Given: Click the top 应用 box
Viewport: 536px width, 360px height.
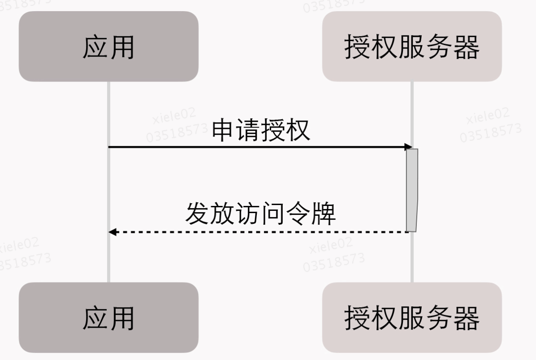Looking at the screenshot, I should tap(108, 47).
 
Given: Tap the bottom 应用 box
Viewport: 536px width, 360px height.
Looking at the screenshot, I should tap(108, 317).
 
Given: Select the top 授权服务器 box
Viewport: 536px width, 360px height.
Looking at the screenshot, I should tap(412, 47).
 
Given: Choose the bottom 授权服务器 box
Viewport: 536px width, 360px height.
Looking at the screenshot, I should tap(412, 317).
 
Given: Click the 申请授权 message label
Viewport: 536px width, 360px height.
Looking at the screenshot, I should tap(261, 130).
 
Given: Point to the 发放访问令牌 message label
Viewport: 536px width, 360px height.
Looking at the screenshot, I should tap(260, 214).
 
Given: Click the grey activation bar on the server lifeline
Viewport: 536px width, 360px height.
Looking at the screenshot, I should tap(412, 190).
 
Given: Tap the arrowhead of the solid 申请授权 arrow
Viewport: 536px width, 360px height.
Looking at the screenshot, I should tap(408, 147).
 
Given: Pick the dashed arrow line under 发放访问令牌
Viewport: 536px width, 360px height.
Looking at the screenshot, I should tap(260, 232).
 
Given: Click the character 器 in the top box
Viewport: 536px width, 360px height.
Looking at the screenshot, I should tap(466, 47).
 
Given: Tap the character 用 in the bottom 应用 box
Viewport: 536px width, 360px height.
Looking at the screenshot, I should tap(121, 317).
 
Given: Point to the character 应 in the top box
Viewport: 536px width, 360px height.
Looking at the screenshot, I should tap(95, 47).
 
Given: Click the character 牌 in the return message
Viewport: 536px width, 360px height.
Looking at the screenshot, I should tap(324, 214).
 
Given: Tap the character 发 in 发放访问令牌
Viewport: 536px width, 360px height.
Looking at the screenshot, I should tap(198, 214).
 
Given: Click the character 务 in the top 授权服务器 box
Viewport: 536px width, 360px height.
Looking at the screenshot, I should tap(439, 47).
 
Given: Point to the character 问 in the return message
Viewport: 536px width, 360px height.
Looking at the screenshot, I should tap(273, 214).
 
